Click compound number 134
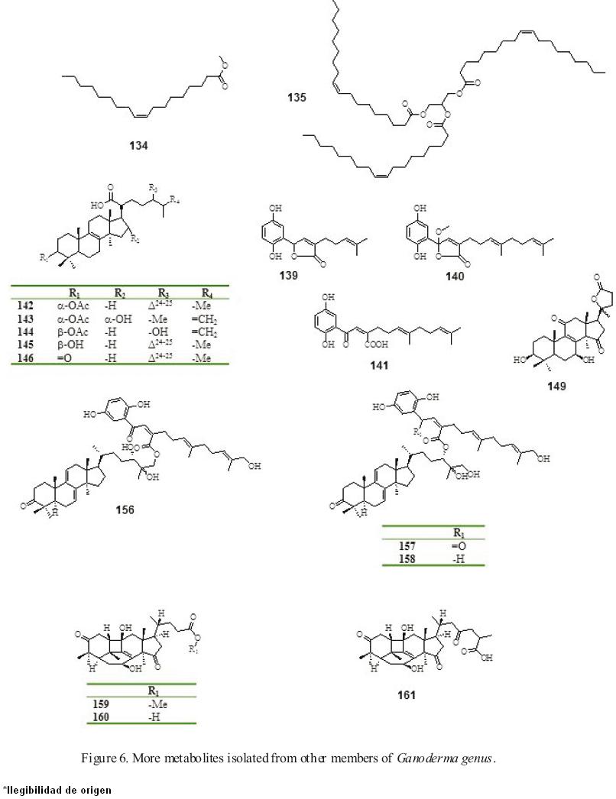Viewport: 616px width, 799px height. click(138, 144)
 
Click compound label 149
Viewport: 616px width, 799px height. click(556, 387)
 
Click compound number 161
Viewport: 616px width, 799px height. click(407, 695)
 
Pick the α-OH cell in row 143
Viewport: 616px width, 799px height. click(120, 317)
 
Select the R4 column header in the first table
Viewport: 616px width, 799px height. click(207, 292)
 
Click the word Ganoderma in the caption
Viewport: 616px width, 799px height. click(425, 759)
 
